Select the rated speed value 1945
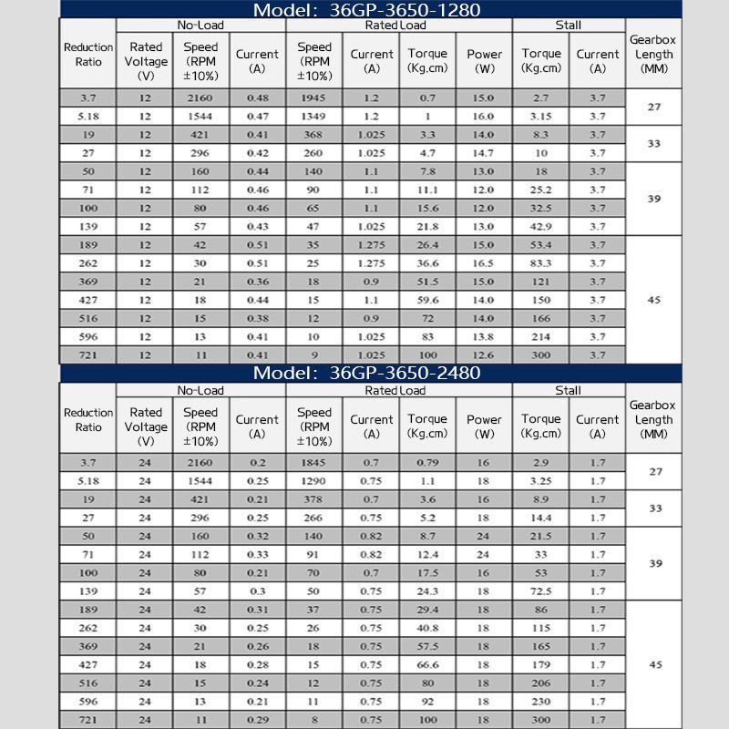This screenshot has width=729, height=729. (x=314, y=98)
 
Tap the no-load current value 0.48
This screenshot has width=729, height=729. (x=258, y=98)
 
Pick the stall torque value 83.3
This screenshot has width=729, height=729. (x=541, y=263)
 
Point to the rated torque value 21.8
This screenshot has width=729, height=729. (x=427, y=226)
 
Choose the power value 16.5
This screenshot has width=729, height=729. (x=484, y=263)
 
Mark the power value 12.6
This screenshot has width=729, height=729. (x=484, y=355)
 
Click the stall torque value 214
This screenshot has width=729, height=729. (x=541, y=337)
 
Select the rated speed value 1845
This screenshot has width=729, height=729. (x=314, y=463)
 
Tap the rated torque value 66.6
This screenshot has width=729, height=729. (x=427, y=665)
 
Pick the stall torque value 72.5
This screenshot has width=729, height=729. (x=541, y=591)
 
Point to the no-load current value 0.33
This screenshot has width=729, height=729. (x=258, y=555)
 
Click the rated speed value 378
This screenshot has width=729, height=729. (x=314, y=499)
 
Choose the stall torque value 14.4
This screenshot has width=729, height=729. (x=541, y=518)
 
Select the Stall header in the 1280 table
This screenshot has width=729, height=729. (x=568, y=25)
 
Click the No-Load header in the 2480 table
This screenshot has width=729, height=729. (x=200, y=390)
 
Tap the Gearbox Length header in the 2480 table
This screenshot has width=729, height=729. (x=654, y=420)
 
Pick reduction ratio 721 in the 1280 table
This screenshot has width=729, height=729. (x=88, y=355)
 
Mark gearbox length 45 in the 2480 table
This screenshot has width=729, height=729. (x=654, y=665)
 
